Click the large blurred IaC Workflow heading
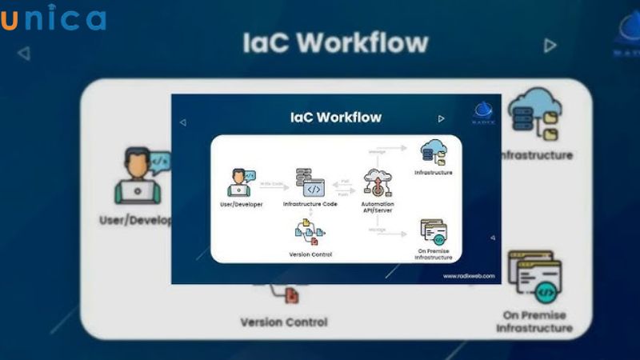point(335,42)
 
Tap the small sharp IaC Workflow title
point(335,118)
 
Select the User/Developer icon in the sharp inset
point(239,182)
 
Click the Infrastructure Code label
point(310,204)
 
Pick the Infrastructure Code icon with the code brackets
point(310,182)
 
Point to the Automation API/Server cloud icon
point(376,182)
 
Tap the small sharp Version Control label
point(310,254)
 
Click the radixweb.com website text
point(467,276)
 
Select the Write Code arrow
point(272,185)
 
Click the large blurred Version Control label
point(284,322)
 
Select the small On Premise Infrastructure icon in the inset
point(433,232)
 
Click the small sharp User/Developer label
point(239,204)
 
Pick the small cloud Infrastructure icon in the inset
point(433,150)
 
